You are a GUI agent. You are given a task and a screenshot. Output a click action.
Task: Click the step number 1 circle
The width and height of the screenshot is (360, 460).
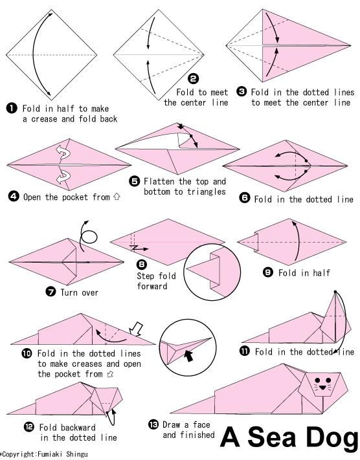[12, 109]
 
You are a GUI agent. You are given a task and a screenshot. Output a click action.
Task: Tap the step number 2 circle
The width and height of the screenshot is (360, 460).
[193, 79]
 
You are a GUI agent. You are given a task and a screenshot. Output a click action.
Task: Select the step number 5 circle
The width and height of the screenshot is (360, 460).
[135, 181]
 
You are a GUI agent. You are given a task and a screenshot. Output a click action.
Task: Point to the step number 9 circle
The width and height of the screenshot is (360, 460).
[268, 272]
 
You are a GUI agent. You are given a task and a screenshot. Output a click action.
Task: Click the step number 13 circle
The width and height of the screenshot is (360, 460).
[153, 424]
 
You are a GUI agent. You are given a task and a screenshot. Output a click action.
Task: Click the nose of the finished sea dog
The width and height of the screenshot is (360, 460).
[322, 388]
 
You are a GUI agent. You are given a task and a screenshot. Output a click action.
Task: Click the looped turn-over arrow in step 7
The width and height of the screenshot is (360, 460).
[87, 236]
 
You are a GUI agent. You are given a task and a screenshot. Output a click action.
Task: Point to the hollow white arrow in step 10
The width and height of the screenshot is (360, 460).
[136, 329]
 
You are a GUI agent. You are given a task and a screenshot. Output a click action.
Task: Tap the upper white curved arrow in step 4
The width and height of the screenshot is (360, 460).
[63, 152]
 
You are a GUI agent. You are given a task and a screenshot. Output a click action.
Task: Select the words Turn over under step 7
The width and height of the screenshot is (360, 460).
[79, 292]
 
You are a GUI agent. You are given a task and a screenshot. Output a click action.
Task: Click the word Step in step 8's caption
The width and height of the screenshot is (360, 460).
[145, 276]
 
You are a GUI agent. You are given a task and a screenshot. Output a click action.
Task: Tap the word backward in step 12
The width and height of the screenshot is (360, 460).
[78, 428]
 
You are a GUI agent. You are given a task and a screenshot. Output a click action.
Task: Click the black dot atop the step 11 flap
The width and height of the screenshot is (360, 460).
[335, 292]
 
